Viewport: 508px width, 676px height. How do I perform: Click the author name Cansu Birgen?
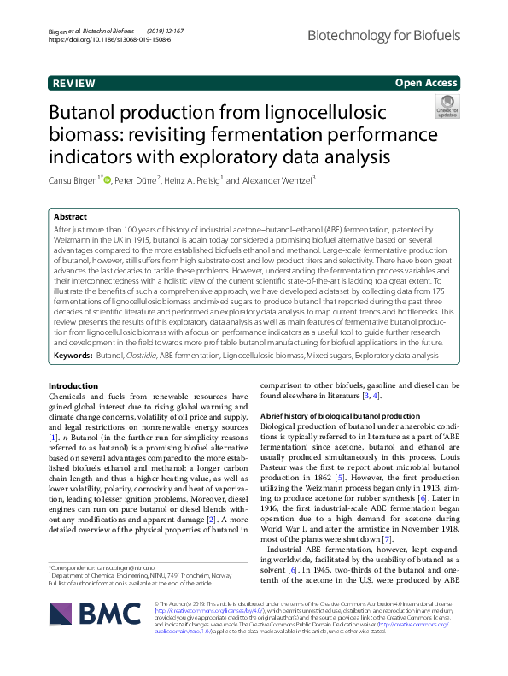tap(73, 179)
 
